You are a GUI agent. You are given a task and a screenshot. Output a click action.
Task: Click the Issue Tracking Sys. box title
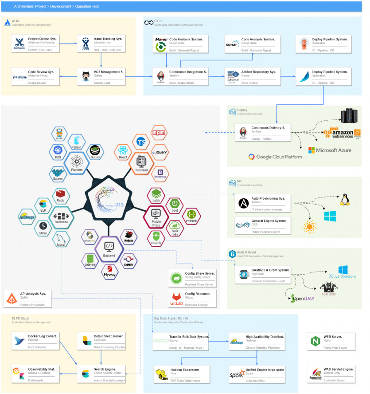coord(108,39)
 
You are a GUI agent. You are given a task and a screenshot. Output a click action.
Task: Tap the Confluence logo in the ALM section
coord(19,44)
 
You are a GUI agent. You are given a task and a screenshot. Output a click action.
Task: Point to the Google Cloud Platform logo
coord(275,157)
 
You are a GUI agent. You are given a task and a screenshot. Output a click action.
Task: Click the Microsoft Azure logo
coord(330,150)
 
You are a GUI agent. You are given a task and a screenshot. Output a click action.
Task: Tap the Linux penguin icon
coord(343,198)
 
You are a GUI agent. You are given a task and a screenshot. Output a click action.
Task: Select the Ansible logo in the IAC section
coord(243,203)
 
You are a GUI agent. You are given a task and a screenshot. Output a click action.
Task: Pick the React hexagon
coord(123,152)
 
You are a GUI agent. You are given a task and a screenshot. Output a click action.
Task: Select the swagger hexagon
coord(191,216)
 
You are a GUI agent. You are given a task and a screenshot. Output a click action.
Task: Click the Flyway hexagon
coord(109,271)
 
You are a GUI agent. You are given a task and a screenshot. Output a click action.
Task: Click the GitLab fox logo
coord(176,299)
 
